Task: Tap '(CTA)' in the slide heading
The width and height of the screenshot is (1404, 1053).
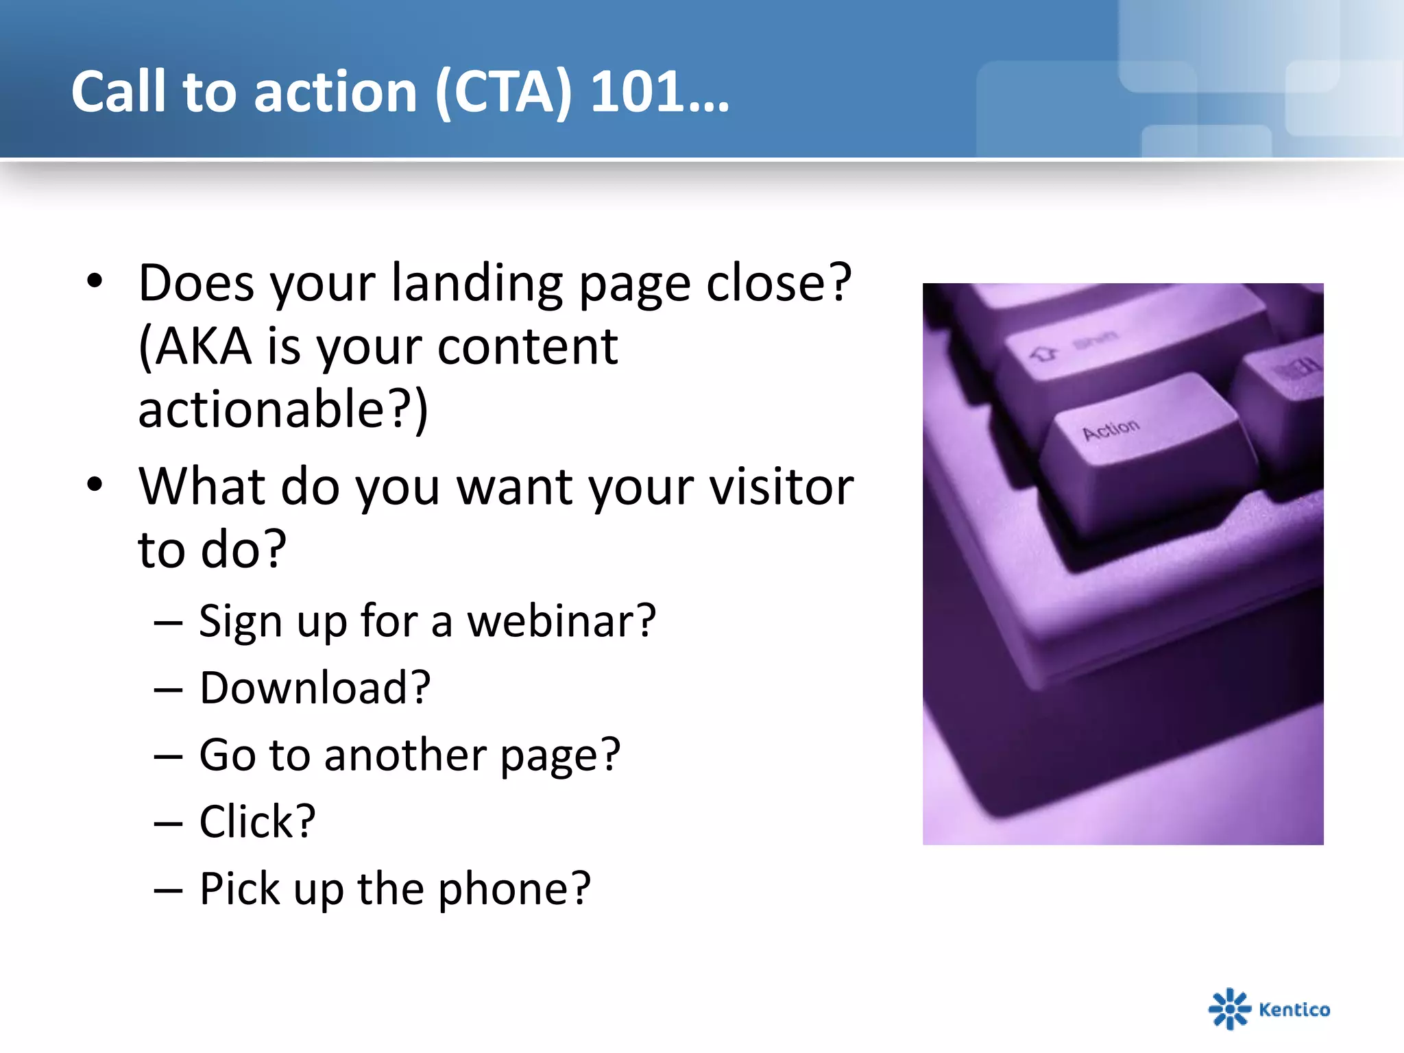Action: [503, 93]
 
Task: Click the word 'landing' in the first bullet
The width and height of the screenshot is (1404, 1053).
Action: [476, 283]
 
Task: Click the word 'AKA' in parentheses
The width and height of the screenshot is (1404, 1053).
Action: [203, 346]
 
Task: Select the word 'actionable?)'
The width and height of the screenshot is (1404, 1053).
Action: [282, 409]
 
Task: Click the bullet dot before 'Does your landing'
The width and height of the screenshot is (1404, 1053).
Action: [95, 280]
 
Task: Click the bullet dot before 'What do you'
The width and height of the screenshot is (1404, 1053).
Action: [95, 484]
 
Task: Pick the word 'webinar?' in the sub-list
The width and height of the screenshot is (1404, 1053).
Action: [561, 620]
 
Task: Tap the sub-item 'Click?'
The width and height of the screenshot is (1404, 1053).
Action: [257, 821]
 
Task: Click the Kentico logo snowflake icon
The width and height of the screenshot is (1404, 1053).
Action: [1229, 1008]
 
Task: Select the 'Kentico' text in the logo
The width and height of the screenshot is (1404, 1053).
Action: [1294, 1009]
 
